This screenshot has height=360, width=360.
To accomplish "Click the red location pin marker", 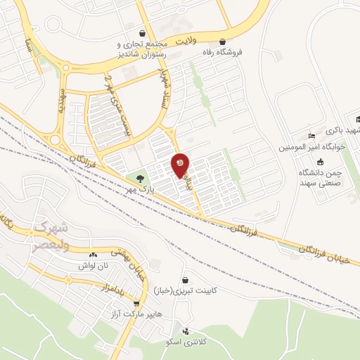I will (x=180, y=165).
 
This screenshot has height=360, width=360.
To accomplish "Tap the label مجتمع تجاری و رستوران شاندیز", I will (x=143, y=47).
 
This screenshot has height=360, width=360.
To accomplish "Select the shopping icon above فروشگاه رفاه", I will (x=224, y=41).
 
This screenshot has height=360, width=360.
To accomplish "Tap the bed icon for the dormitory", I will (x=312, y=136).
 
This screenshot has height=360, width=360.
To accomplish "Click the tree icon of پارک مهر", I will (x=140, y=178).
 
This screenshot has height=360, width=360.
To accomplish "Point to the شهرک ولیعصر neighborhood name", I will (x=53, y=234).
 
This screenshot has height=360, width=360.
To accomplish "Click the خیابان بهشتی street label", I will (x=127, y=263).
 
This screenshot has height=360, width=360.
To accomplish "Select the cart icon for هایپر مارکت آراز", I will (x=136, y=304).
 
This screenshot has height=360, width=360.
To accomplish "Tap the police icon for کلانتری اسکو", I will (x=185, y=331).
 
